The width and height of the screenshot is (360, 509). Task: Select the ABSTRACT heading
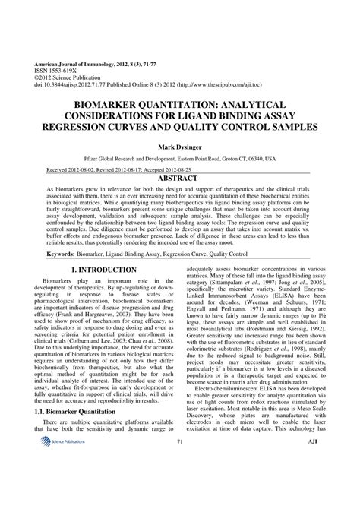pyautogui.click(x=180, y=177)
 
